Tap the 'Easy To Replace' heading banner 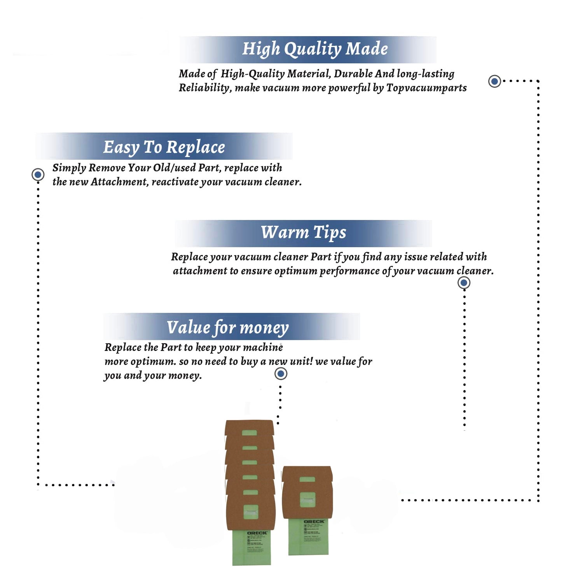click(x=164, y=147)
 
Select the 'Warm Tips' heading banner click(x=303, y=233)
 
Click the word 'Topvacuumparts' click(x=426, y=88)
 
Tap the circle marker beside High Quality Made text click(x=494, y=81)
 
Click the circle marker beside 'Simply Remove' click(x=38, y=175)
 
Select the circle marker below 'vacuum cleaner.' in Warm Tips click(x=464, y=283)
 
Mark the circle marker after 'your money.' click(x=281, y=374)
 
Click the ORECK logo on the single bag click(x=314, y=522)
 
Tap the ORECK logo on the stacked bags click(x=257, y=533)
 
